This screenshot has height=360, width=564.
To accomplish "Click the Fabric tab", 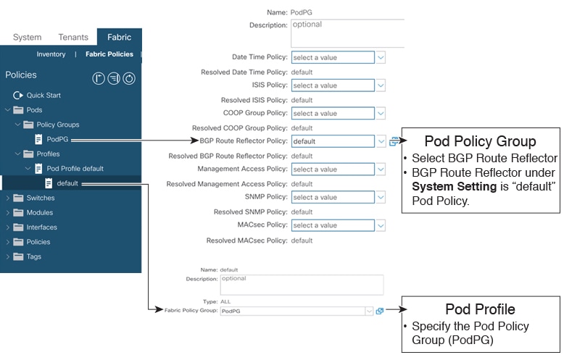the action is (x=119, y=37).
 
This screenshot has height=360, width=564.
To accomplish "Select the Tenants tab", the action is (x=73, y=37).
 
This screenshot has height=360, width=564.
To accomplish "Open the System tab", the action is (x=27, y=37).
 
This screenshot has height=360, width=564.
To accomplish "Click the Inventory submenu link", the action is (x=51, y=54).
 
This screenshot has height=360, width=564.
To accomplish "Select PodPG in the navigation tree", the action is (x=57, y=139).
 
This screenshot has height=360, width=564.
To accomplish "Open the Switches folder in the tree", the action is (x=41, y=198).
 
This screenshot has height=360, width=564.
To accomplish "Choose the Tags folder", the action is (x=34, y=256).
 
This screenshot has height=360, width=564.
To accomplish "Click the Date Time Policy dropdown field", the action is (x=333, y=57).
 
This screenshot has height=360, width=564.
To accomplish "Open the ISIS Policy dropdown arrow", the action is (x=381, y=85).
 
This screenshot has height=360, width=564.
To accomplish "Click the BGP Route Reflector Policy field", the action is (x=333, y=141).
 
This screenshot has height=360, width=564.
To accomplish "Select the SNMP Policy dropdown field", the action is (x=333, y=197).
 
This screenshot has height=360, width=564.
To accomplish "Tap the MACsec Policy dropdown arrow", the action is (x=381, y=225).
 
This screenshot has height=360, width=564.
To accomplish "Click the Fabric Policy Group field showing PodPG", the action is (x=296, y=311).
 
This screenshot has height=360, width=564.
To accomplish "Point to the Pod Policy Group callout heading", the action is (x=480, y=141).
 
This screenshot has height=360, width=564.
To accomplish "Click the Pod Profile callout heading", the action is (x=480, y=309).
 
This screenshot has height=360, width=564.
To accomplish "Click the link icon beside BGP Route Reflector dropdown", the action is (x=394, y=141).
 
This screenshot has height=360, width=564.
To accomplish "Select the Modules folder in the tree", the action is (x=40, y=213).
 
